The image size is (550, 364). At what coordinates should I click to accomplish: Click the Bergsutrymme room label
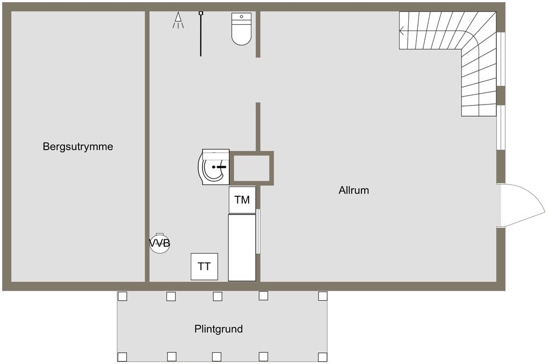78,146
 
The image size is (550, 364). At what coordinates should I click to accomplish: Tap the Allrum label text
353,190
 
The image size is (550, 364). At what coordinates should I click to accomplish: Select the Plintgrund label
219,329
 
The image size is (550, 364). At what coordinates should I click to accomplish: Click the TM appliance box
242,200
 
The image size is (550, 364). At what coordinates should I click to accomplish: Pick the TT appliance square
204,266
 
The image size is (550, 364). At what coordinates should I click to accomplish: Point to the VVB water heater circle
160,243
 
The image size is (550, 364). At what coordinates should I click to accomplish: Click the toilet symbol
241,29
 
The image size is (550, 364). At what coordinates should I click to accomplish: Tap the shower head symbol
178,20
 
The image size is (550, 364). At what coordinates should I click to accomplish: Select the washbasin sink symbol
213,167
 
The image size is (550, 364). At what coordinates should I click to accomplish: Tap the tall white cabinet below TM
242,248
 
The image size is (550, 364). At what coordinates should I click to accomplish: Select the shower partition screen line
201,34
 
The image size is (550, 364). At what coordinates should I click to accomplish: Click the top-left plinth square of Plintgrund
122,296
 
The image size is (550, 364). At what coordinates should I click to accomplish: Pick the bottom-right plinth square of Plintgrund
322,356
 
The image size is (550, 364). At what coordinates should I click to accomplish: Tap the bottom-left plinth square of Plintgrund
122,356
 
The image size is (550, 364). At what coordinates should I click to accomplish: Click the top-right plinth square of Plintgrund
322,296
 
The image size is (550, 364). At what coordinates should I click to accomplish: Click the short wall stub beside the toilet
258,34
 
